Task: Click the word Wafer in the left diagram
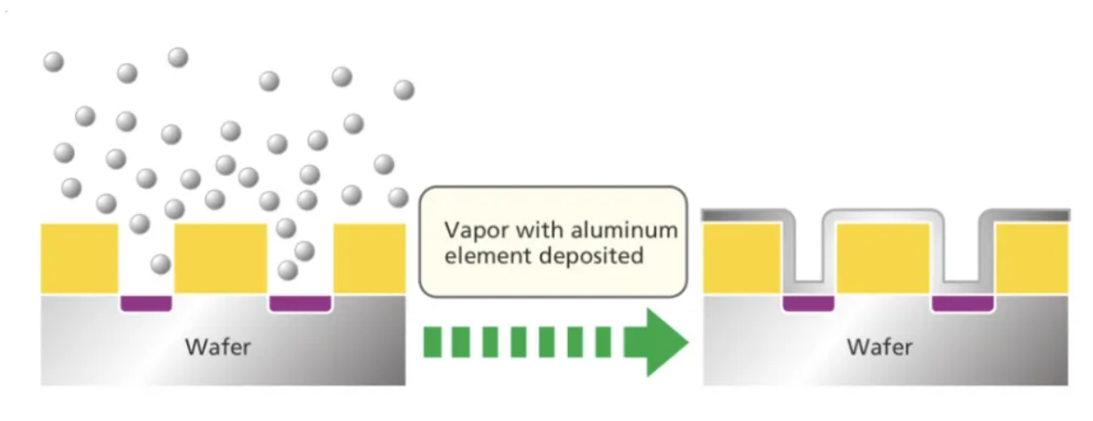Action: click(218, 348)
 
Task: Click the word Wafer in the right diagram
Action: click(879, 348)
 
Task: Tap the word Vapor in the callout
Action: click(469, 231)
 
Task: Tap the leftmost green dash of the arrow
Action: click(432, 342)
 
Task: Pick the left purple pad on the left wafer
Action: click(146, 303)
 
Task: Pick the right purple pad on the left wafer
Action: click(300, 303)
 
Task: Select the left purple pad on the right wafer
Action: click(808, 303)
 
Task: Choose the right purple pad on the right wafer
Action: click(963, 303)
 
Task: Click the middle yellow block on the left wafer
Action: click(220, 258)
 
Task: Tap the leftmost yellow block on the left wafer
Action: click(80, 258)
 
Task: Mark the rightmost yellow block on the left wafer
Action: click(370, 258)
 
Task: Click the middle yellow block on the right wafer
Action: click(882, 258)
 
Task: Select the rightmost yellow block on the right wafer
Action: click(1032, 258)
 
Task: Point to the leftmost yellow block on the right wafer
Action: click(742, 258)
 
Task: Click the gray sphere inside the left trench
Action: click(161, 263)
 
